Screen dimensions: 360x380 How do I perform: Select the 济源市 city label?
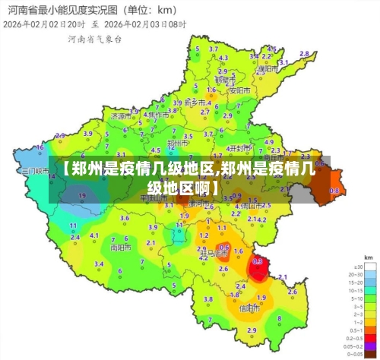click(x=120, y=117)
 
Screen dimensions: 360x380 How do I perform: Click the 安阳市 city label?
click(x=240, y=90)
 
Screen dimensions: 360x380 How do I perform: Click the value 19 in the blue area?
click(x=82, y=196)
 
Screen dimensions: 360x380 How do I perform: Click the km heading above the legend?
click(x=368, y=258)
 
